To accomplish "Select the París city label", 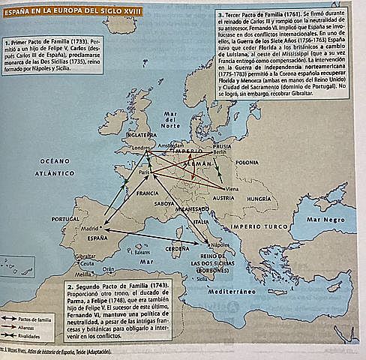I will (145, 172).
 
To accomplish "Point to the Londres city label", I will (142, 148).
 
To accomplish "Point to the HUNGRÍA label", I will (263, 199).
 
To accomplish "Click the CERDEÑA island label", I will (176, 247).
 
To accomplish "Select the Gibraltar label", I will (85, 256).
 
